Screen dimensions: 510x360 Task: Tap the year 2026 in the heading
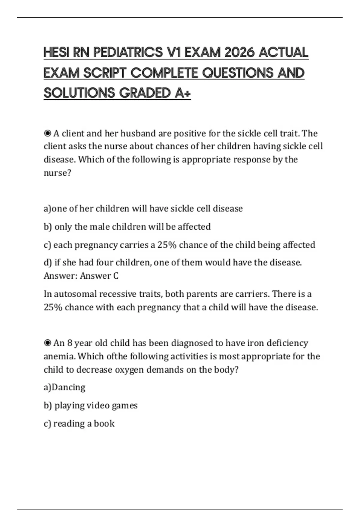coord(238,53)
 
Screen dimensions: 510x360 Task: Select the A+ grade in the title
coord(182,93)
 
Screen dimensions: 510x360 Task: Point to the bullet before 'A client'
coord(47,133)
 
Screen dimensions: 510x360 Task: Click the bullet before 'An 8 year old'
coord(47,343)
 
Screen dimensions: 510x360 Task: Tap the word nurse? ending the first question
coord(57,173)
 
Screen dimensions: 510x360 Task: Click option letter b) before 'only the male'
coord(48,227)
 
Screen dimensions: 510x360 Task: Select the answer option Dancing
coord(69,387)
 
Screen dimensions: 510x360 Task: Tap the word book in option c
coord(104,424)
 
